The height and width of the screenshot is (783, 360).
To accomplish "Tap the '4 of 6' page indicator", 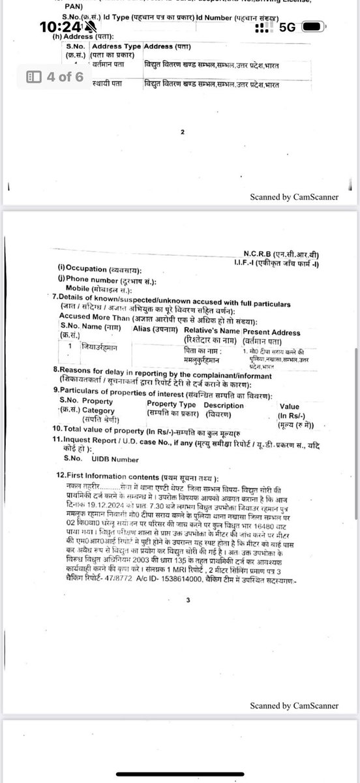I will point(55,76).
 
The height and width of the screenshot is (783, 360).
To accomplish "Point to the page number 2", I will point(183,131).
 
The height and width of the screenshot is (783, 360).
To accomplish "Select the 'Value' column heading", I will point(290,406).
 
